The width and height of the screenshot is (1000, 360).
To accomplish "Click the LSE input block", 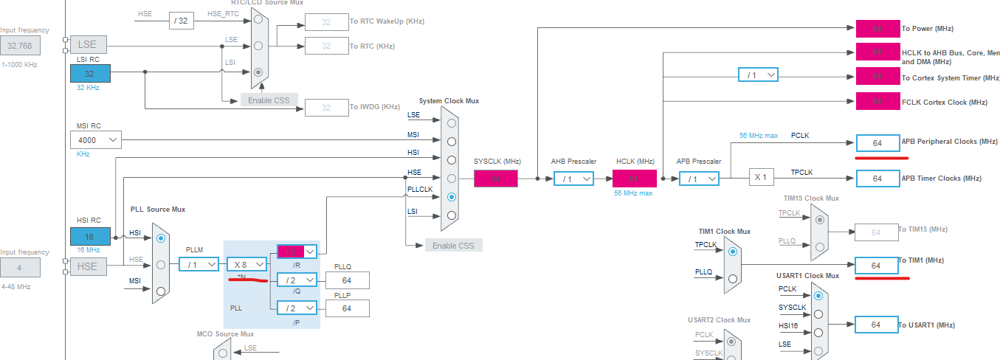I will (87, 44).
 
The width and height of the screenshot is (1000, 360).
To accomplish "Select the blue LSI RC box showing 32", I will (90, 73).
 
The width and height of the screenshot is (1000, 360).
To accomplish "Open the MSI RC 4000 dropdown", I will (96, 139).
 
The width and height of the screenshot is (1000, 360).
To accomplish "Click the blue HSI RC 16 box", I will (90, 236).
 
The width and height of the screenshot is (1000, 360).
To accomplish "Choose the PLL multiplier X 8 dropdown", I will (246, 264).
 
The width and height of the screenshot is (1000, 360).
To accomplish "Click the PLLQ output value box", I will (346, 280).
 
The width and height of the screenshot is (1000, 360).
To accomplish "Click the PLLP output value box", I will (346, 308).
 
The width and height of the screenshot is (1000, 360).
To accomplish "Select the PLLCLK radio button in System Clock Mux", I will (451, 197).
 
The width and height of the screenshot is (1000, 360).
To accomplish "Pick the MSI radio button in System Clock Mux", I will (451, 141).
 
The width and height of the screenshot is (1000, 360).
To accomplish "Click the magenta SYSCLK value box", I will (495, 179).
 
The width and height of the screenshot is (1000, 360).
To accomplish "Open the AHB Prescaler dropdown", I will (573, 179).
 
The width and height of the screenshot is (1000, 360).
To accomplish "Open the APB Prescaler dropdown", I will (697, 179).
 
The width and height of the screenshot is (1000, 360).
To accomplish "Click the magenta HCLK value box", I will (634, 179).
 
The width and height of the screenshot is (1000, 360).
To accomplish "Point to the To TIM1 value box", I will (877, 266).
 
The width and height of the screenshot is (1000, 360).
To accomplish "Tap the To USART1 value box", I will (877, 325).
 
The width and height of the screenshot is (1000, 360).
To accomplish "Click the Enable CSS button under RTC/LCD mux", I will (269, 100).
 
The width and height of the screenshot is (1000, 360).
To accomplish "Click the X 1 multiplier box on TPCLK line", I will (761, 178).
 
